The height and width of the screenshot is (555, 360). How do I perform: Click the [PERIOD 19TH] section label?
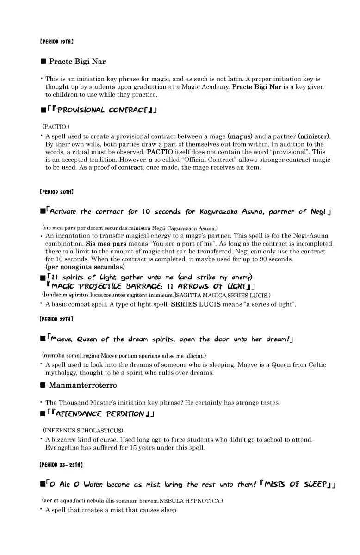point(56,42)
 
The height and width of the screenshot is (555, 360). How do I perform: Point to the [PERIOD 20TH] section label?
point(56,191)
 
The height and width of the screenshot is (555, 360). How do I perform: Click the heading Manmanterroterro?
point(83,385)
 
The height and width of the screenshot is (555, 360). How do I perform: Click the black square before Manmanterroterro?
point(43,385)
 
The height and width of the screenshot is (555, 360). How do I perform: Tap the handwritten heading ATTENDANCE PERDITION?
point(101,414)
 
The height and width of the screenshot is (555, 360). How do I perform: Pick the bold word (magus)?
point(240,136)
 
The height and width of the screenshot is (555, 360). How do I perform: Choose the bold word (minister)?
point(314,136)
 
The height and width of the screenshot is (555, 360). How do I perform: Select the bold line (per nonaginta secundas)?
point(85,267)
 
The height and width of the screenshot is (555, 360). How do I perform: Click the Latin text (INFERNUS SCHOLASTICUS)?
point(83,430)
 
